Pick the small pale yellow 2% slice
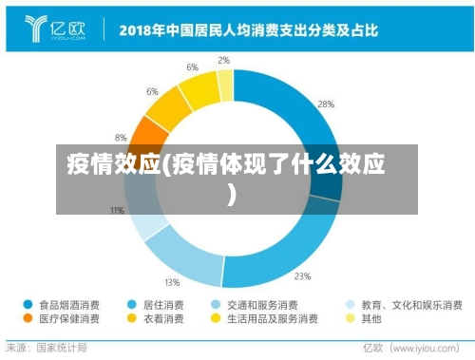click(x=226, y=86)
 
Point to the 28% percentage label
click(x=325, y=104)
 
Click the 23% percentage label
click(x=302, y=276)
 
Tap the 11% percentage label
click(x=117, y=210)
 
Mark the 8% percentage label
click(x=121, y=139)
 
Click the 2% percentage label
click(x=223, y=60)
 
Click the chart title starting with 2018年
click(x=249, y=28)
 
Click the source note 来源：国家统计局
click(x=47, y=348)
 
